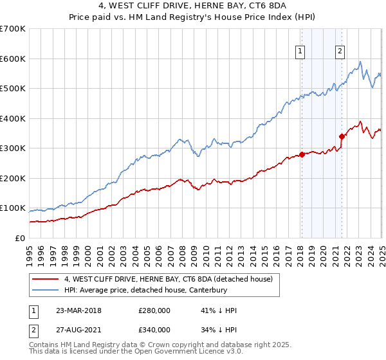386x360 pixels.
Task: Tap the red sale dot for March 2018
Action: coord(302,154)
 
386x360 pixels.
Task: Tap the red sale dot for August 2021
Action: coord(342,136)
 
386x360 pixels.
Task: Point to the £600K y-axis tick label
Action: coord(13,59)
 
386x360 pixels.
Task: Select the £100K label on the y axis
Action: coord(13,208)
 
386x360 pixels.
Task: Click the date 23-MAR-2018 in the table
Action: coord(78,310)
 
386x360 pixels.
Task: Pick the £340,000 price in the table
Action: coord(154,330)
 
